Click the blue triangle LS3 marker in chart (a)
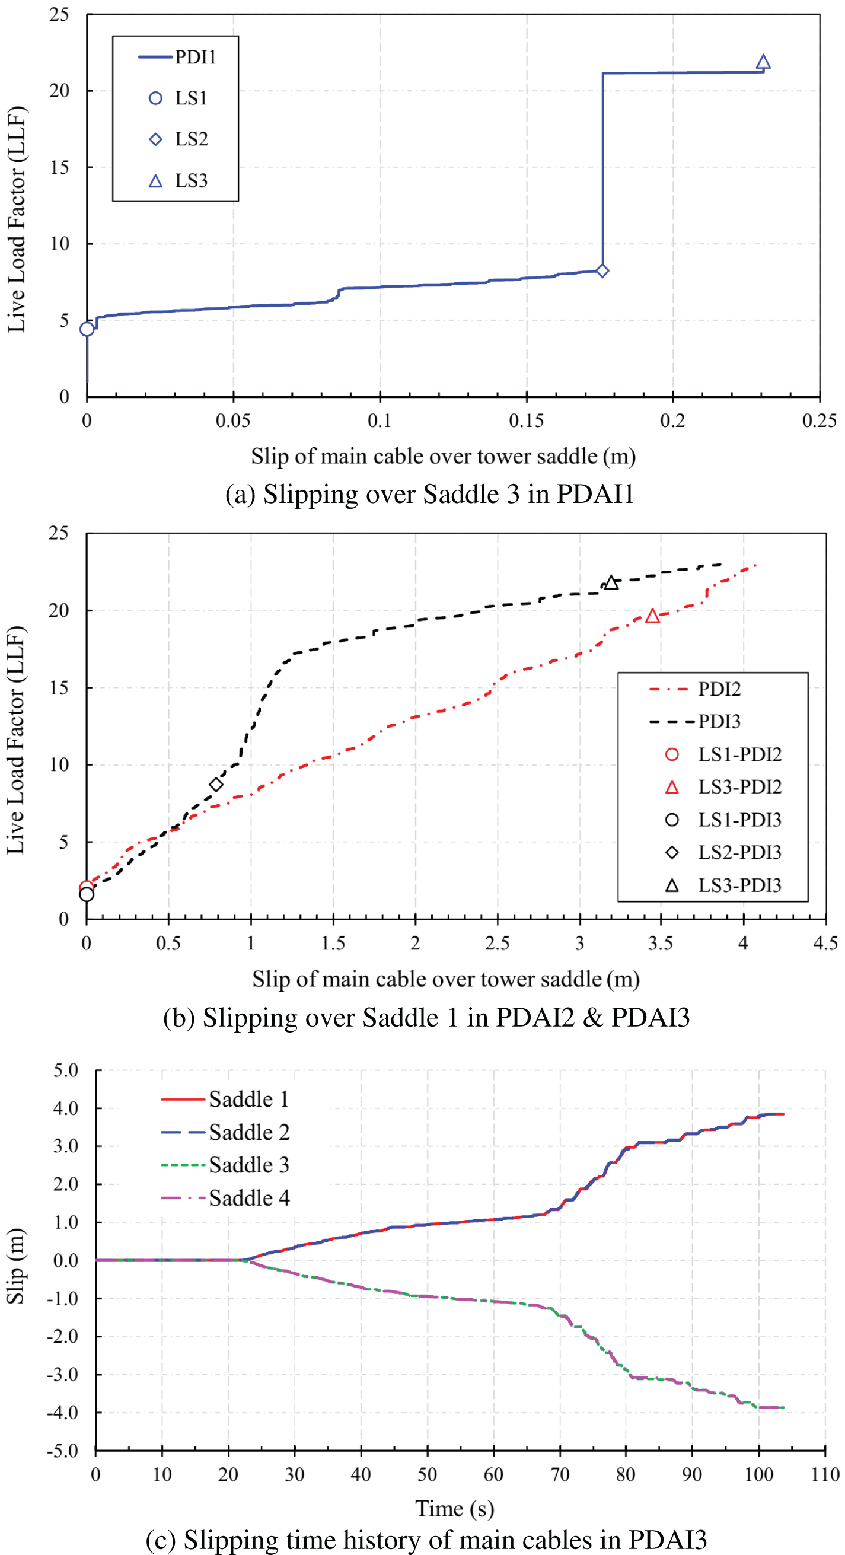point(763,62)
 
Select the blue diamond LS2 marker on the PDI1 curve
point(602,270)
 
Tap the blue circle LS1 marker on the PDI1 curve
point(87,329)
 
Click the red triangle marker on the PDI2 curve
point(652,616)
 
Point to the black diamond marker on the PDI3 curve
point(216,784)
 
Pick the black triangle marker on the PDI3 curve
point(611,582)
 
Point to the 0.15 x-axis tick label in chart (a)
point(527,420)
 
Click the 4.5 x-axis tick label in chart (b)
point(825,944)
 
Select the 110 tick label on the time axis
point(825,1474)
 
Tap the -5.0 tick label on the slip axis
point(63,1451)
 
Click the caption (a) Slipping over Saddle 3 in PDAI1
point(429,494)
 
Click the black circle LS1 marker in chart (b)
point(87,894)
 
